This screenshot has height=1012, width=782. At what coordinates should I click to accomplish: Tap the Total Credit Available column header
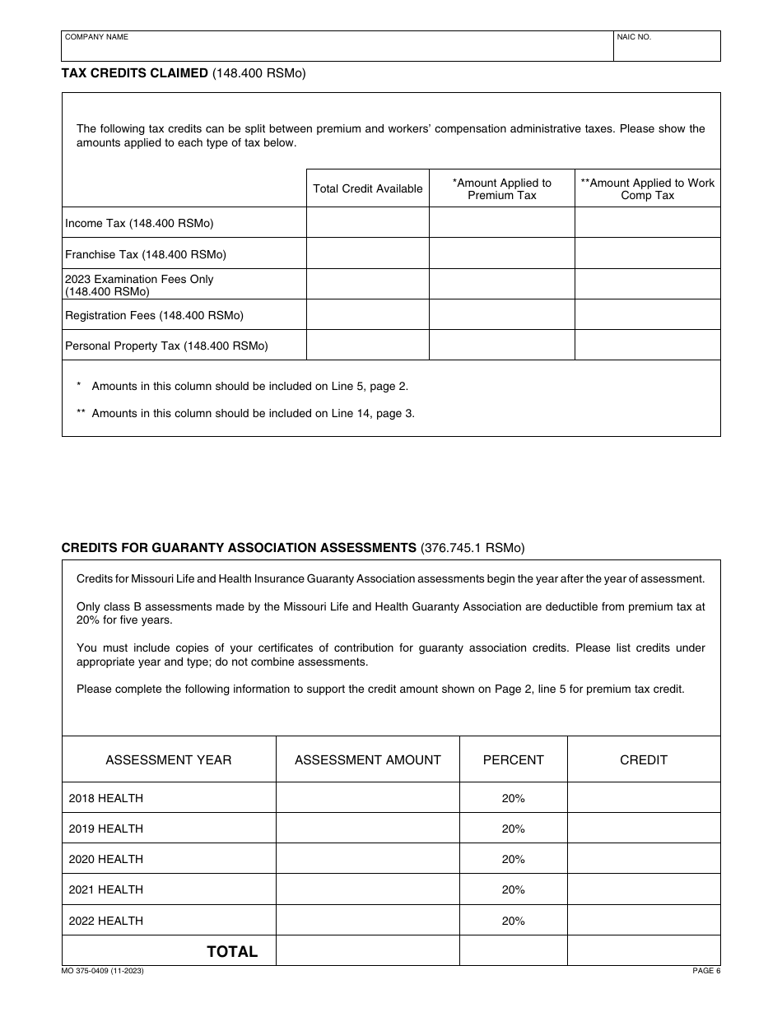[x=368, y=189]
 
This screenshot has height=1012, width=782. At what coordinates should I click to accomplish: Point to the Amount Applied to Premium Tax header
[x=502, y=189]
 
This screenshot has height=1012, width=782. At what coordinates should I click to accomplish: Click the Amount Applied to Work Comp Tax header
[x=648, y=189]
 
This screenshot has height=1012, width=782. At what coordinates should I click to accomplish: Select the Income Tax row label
[x=139, y=223]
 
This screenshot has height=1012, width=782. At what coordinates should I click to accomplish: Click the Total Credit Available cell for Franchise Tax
[x=368, y=253]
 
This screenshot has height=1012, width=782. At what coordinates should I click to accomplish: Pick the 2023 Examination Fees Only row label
[x=139, y=285]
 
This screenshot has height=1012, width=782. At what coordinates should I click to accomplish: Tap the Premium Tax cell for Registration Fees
[x=502, y=315]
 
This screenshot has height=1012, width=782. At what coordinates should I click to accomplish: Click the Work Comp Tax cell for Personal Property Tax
[x=648, y=346]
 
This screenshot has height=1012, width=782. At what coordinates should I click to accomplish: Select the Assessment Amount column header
[x=368, y=760]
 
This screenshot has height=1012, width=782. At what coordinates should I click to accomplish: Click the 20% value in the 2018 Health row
[x=513, y=798]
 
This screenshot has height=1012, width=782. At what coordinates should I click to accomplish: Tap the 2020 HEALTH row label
[x=106, y=859]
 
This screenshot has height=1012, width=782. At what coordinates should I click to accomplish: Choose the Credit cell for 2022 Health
[x=644, y=921]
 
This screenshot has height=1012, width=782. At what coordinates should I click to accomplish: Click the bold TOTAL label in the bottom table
[x=232, y=952]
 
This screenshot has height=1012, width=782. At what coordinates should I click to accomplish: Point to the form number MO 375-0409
[x=103, y=972]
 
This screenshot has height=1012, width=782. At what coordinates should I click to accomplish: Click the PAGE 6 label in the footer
[x=706, y=972]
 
